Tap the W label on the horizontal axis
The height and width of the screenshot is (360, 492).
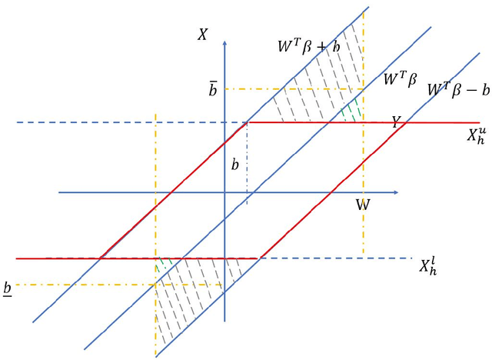click(362, 205)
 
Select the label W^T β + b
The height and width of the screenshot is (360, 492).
click(313, 45)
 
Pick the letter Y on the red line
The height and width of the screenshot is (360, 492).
click(396, 121)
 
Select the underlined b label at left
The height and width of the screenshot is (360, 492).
click(8, 288)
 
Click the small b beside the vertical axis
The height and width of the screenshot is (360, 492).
click(235, 165)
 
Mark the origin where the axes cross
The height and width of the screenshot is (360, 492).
click(224, 192)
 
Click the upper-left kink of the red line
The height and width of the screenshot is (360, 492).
click(248, 122)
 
